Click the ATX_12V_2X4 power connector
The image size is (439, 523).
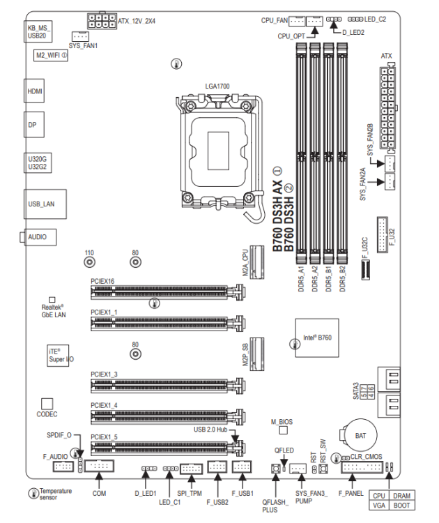102,21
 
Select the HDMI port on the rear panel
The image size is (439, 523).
34,91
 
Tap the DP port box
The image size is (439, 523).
33,125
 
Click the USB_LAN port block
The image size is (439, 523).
45,204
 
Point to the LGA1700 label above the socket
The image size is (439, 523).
217,86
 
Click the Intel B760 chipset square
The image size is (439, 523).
317,338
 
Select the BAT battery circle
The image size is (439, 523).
360,435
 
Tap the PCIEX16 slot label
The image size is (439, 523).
102,281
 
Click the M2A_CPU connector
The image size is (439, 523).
257,262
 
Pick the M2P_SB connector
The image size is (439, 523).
257,354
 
